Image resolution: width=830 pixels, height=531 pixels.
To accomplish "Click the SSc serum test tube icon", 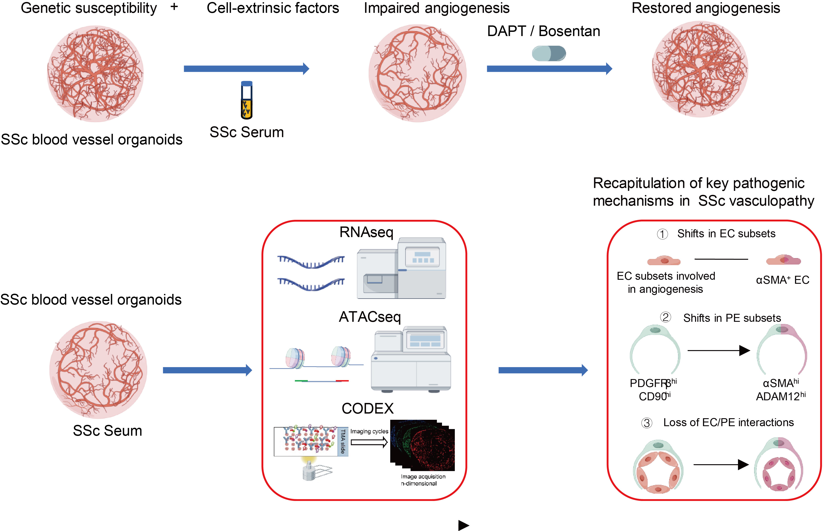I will click(x=247, y=100).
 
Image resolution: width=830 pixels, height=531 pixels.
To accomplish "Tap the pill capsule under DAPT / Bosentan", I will click(x=549, y=54).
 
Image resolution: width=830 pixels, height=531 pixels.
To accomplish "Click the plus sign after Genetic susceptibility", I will click(x=174, y=7).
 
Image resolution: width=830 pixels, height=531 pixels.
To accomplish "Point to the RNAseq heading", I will click(x=366, y=232).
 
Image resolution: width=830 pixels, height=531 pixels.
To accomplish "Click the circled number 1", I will click(x=662, y=234).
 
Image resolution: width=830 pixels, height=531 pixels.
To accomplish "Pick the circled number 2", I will click(x=665, y=317).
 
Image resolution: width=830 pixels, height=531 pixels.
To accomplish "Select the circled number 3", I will click(x=647, y=423).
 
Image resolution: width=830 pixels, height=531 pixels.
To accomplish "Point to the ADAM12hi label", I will click(x=781, y=396).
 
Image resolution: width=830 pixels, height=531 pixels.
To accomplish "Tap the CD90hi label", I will click(x=654, y=396).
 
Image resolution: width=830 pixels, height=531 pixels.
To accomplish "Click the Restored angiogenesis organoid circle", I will click(x=700, y=69).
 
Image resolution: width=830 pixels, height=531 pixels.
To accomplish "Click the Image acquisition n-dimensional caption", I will click(x=423, y=480).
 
